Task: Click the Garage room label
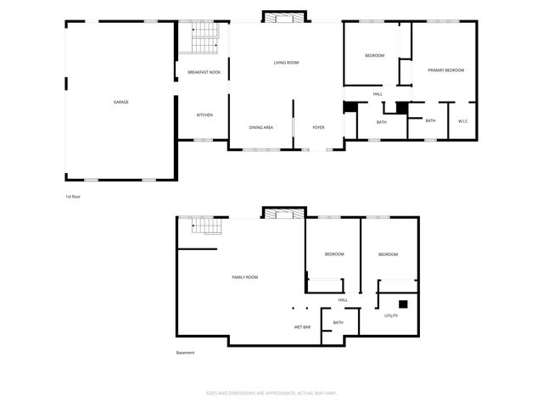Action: point(121,102)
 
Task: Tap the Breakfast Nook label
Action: point(204,73)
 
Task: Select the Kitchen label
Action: point(204,115)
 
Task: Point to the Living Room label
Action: point(286,63)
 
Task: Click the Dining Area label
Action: point(260,127)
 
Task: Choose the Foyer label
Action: point(318,127)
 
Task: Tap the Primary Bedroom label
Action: point(445,70)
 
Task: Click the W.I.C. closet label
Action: point(463,121)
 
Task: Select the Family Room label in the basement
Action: point(245,277)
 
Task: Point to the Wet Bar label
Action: point(302,326)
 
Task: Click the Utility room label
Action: point(391,315)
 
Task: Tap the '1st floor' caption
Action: point(74,196)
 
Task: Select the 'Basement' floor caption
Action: point(185,353)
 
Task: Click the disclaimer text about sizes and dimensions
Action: point(271,393)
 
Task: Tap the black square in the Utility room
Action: point(404,304)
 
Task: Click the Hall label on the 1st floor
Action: point(378,93)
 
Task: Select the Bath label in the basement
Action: point(338,322)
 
